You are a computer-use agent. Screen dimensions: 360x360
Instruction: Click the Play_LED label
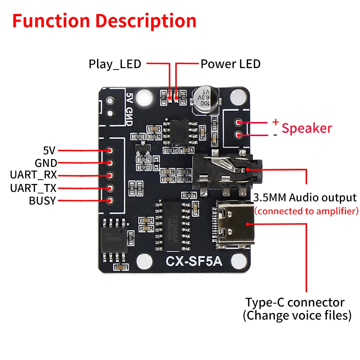click(115, 64)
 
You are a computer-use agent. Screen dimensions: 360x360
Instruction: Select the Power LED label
click(230, 64)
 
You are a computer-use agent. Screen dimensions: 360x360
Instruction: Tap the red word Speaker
click(307, 128)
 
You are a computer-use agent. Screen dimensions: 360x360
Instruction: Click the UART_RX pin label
click(33, 175)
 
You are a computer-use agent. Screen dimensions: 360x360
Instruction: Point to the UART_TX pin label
click(33, 188)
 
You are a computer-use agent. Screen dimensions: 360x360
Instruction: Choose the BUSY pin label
click(42, 201)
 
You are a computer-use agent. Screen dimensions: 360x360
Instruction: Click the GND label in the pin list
click(46, 163)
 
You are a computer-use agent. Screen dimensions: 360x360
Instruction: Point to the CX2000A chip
click(172, 224)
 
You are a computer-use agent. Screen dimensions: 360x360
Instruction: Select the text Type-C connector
click(295, 302)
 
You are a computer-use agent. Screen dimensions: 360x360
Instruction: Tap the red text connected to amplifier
click(306, 211)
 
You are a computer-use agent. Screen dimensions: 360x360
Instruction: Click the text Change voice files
click(297, 316)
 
